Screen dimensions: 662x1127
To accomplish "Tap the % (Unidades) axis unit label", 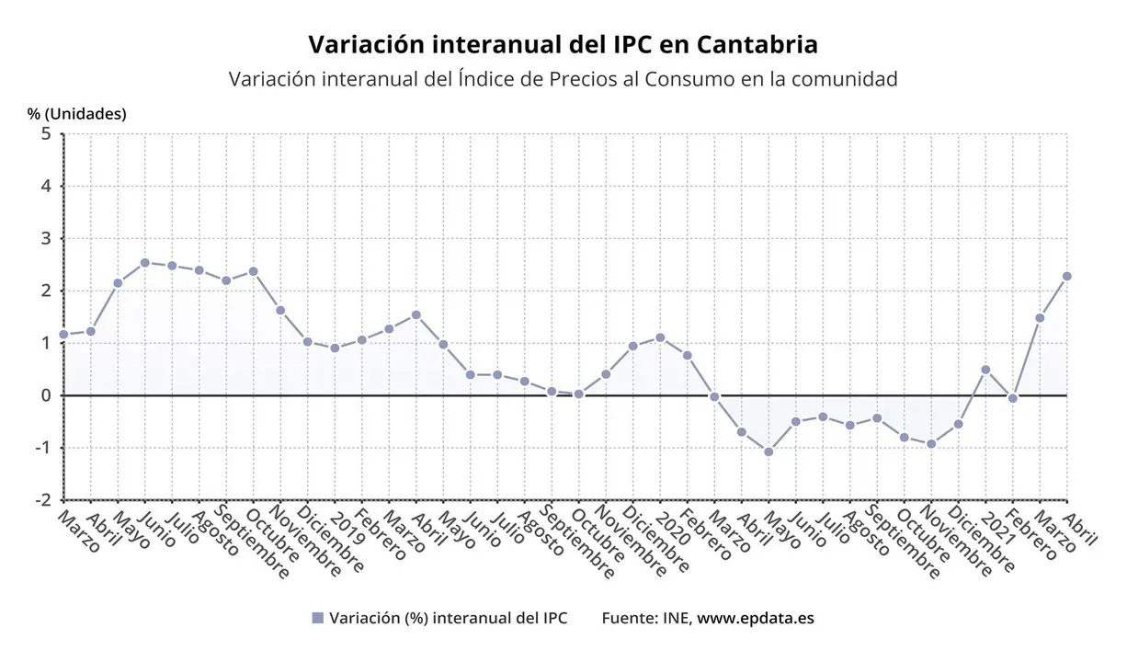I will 77,114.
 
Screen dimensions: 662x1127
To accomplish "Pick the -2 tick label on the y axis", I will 42,500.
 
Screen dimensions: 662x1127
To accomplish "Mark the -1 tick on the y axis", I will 42,448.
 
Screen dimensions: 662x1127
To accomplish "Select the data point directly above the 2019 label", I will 335,348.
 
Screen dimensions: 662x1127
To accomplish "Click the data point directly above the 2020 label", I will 660,337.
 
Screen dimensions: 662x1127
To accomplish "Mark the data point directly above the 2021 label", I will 985,370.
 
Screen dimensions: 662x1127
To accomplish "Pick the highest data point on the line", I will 145,263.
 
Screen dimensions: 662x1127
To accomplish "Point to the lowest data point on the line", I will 768,451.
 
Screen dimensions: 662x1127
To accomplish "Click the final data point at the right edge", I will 1067,276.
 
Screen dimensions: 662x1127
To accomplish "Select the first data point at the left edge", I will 63,335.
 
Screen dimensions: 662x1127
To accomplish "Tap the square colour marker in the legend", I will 318,619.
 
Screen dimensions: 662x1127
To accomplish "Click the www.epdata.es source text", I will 755,619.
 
